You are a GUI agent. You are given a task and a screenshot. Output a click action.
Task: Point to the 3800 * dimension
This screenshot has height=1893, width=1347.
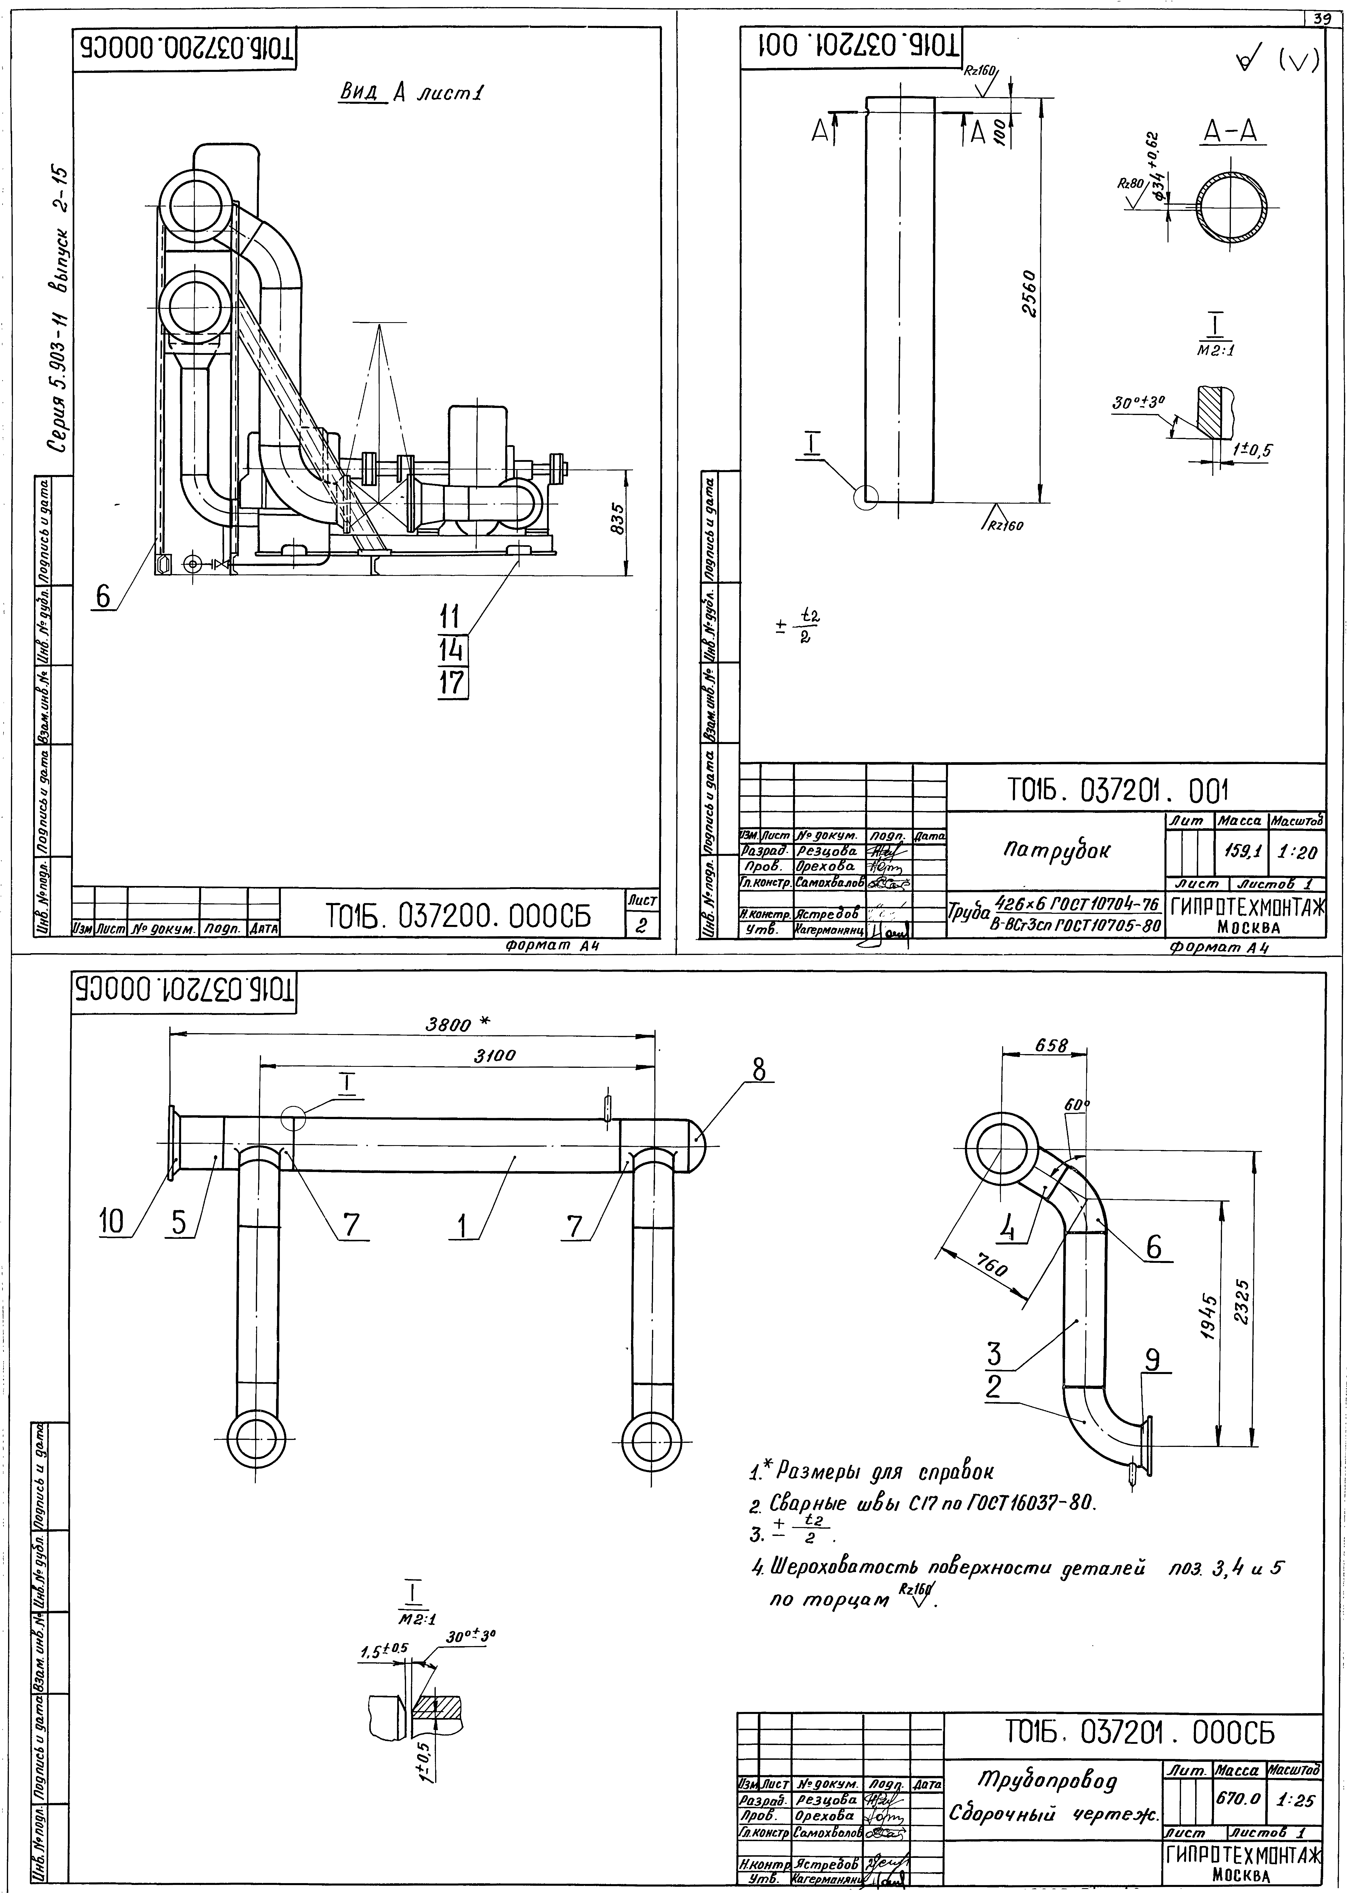458,1024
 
